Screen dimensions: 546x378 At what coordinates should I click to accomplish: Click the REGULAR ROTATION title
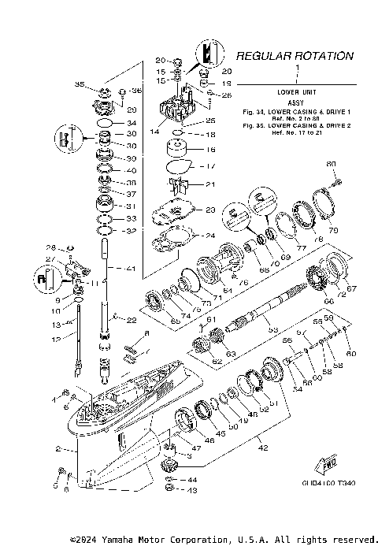295,56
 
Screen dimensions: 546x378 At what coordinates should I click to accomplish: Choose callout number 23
209,210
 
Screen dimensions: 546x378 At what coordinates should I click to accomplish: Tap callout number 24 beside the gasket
209,236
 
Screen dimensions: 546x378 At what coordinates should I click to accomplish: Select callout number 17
210,166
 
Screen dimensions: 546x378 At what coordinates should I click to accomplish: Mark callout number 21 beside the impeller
209,184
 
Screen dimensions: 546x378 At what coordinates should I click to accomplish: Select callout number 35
80,84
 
